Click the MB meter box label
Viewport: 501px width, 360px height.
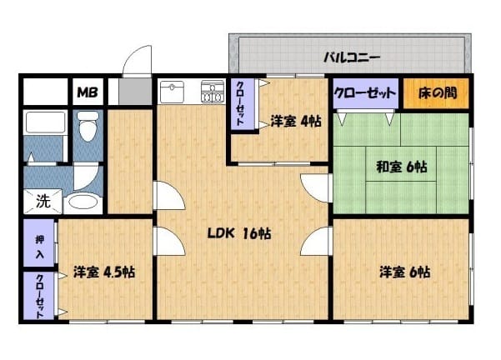(88, 92)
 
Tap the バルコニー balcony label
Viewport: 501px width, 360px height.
(352, 57)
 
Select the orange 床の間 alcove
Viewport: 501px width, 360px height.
(436, 93)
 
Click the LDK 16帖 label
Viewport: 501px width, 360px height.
(239, 233)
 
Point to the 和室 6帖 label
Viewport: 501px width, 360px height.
(401, 167)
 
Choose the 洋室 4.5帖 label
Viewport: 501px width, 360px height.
(104, 272)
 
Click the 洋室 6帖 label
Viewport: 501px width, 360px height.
(404, 272)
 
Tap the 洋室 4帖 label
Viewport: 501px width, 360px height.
(296, 121)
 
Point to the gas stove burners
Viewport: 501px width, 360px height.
(213, 92)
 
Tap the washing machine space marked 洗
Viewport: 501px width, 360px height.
(43, 201)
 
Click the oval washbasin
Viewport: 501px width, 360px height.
(83, 202)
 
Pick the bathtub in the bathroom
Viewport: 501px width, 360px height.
(45, 122)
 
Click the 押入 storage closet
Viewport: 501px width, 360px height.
(38, 243)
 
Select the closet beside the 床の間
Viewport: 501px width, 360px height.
(365, 93)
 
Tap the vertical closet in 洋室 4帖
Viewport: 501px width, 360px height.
(243, 104)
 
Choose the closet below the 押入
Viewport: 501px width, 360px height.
(38, 296)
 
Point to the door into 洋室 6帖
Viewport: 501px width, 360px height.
(315, 241)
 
